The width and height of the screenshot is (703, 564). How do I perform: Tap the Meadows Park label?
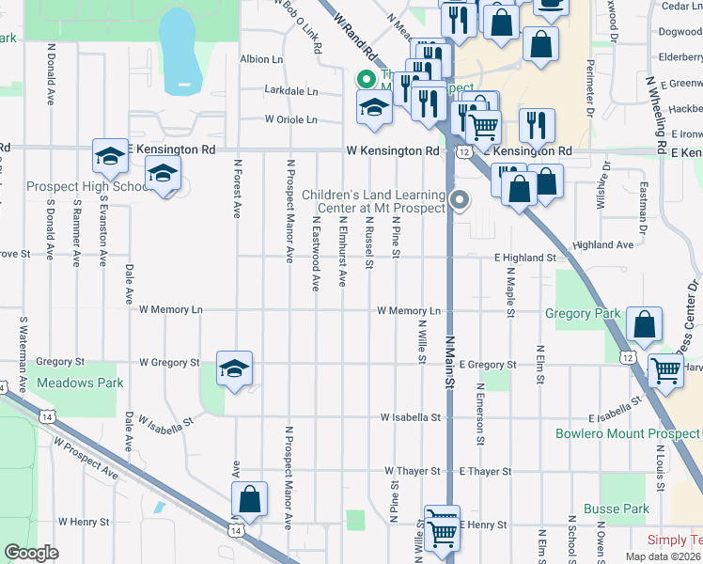[80, 384]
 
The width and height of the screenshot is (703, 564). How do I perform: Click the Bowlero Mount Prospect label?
[627, 434]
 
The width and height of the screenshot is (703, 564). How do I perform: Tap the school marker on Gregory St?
[234, 368]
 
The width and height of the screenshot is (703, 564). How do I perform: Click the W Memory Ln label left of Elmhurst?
[170, 309]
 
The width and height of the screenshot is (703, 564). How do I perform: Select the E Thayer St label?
[486, 471]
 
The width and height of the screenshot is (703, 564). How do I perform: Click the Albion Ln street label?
[261, 59]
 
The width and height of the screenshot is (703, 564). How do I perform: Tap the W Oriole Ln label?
[290, 120]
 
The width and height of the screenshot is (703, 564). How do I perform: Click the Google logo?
[31, 553]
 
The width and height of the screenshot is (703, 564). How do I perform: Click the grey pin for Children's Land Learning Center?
[460, 199]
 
